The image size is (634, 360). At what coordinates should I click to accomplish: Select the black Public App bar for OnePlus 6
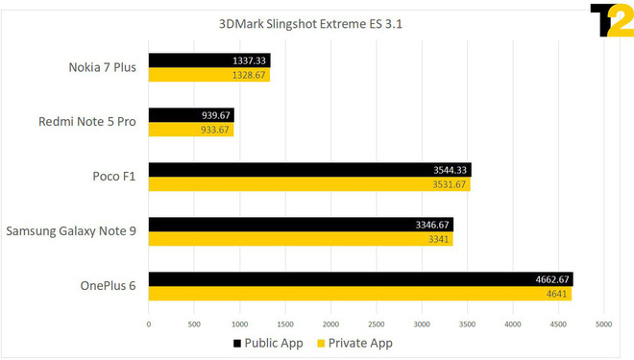click(360, 279)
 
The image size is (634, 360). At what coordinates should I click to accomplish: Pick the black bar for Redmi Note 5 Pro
click(191, 115)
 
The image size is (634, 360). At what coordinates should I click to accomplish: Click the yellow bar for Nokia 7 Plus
click(208, 75)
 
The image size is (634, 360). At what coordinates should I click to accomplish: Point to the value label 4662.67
click(551, 279)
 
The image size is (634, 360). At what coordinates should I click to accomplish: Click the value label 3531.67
click(450, 184)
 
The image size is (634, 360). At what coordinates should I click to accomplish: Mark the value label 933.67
click(215, 130)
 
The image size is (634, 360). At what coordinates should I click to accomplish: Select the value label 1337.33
click(251, 60)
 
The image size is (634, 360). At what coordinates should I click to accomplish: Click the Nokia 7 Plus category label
click(103, 68)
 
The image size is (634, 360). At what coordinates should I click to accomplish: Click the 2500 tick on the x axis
click(377, 324)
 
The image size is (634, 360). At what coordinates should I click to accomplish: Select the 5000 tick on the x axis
click(604, 324)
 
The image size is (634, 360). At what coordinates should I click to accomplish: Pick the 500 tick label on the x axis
click(194, 324)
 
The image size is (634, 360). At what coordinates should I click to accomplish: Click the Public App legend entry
click(266, 343)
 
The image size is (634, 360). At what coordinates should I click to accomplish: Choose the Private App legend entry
click(354, 343)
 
